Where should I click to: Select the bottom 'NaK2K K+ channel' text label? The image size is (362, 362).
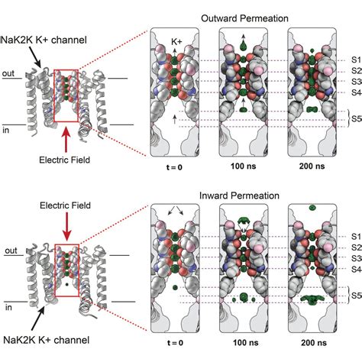click(57, 338)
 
